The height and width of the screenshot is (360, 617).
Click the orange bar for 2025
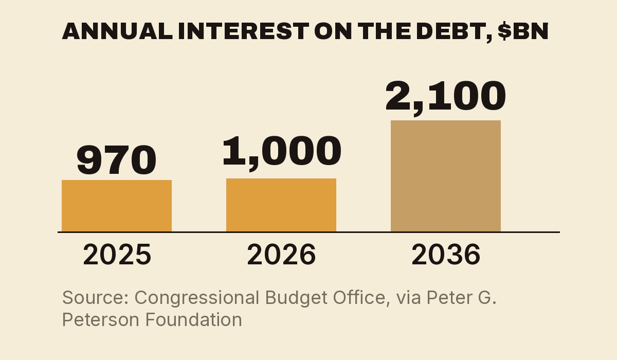pos(117,206)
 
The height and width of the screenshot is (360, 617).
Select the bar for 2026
pos(281,205)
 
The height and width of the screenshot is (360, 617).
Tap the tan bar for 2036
pos(446,176)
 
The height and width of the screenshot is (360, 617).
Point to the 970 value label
pos(116,160)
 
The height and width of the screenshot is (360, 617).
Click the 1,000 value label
pos(282,153)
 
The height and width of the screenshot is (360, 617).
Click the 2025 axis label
pos(117,255)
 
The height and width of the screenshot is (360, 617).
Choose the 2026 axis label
pos(281,255)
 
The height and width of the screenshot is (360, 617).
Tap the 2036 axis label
pos(446,255)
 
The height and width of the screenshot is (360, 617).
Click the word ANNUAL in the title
pos(117,31)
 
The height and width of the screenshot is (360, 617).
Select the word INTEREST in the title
pos(244,31)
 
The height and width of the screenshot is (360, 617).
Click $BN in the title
pos(523,31)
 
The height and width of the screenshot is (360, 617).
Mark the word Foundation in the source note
pos(193,319)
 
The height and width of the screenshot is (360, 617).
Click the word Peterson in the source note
pos(101,319)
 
